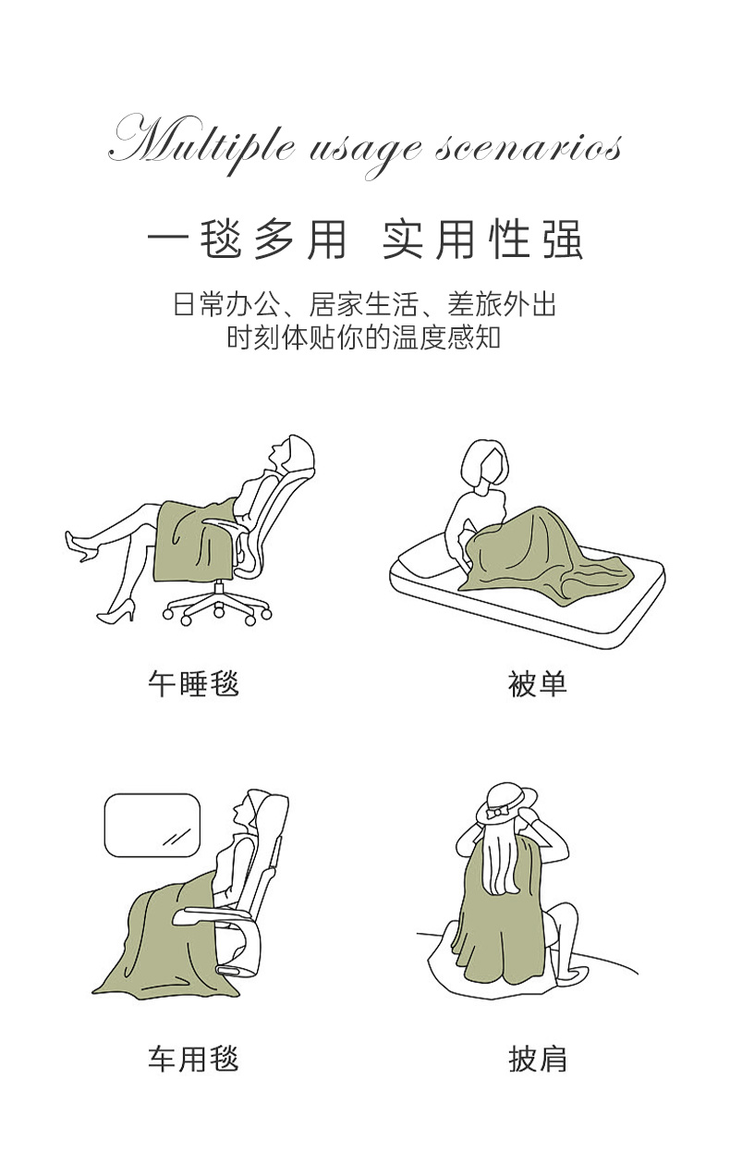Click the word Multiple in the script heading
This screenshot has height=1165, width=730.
pyautogui.click(x=201, y=142)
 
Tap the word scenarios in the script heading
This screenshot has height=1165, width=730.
pyautogui.click(x=529, y=148)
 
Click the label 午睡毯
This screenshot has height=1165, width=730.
pyautogui.click(x=193, y=683)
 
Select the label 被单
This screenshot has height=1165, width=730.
pyautogui.click(x=537, y=683)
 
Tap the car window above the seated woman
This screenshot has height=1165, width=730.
pyautogui.click(x=152, y=825)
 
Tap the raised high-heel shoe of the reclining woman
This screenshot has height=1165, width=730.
pyautogui.click(x=81, y=546)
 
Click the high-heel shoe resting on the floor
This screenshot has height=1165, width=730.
pyautogui.click(x=116, y=611)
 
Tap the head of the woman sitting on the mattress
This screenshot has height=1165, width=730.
pyautogui.click(x=484, y=464)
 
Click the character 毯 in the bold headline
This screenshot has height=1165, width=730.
pyautogui.click(x=221, y=240)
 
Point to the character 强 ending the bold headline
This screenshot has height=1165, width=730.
pyautogui.click(x=563, y=240)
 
